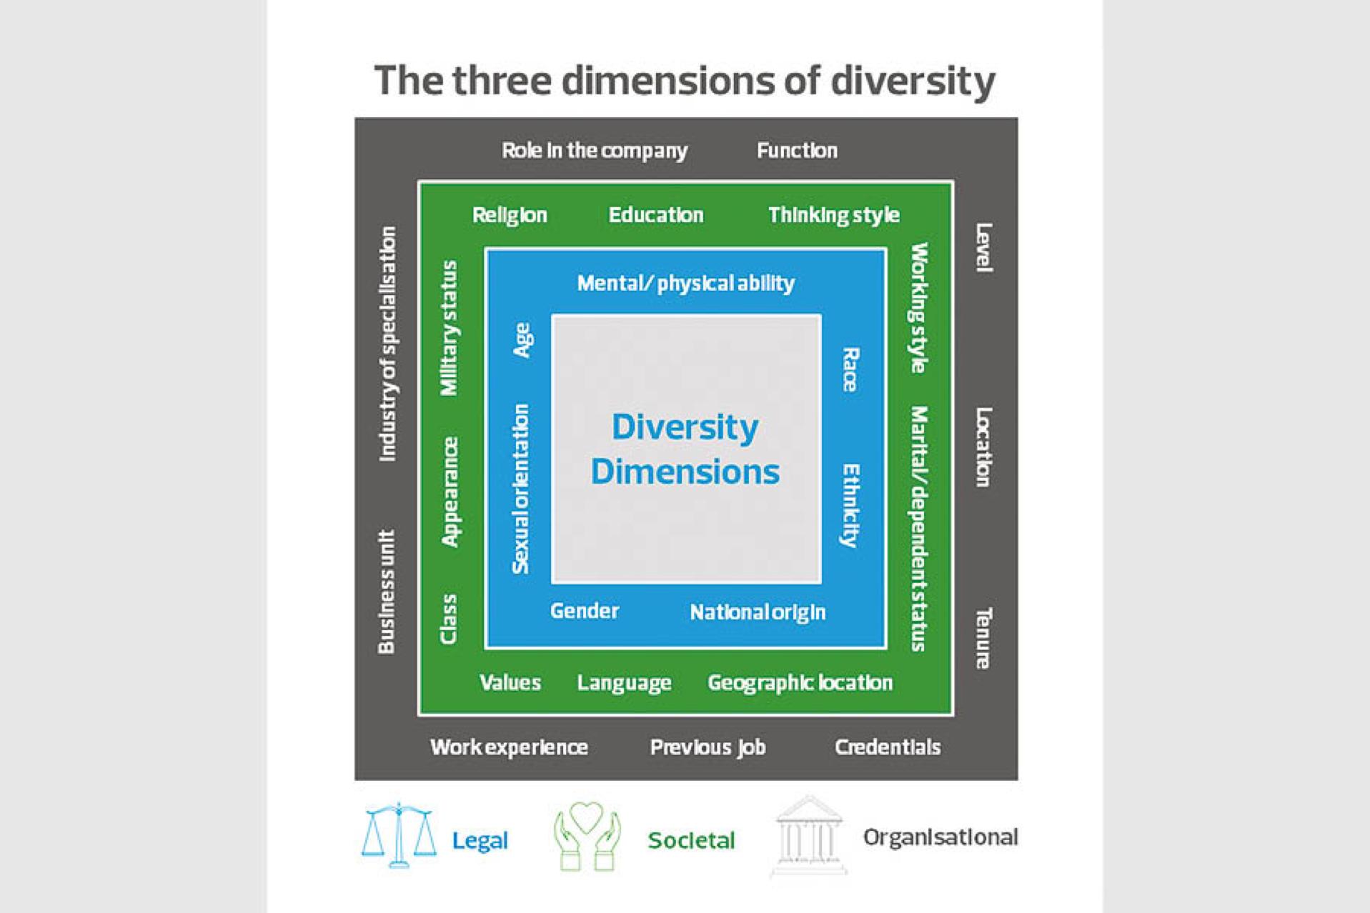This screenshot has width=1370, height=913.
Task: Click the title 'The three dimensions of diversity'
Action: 685,81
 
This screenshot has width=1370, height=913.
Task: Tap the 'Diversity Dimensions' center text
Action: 685,449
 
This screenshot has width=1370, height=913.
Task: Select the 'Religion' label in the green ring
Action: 510,215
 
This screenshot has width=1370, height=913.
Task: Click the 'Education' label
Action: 656,215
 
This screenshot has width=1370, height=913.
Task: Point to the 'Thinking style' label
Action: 834,215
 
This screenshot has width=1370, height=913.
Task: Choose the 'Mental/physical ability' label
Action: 685,284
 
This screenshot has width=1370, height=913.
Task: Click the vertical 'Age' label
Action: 522,340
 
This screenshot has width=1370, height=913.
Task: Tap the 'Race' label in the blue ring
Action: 850,369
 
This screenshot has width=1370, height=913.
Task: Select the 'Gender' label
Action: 585,611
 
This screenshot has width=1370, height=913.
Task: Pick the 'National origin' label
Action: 758,612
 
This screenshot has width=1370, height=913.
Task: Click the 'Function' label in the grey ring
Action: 797,151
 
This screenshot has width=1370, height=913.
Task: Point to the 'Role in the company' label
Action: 594,151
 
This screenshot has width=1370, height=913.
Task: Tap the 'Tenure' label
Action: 983,638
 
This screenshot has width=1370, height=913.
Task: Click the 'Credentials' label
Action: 888,747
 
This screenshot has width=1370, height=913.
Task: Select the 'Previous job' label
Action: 708,747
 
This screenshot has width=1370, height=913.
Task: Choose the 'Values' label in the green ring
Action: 510,682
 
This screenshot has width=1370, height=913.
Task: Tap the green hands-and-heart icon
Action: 587,836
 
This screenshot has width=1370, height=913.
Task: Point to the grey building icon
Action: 808,836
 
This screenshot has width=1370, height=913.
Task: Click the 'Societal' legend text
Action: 691,840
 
